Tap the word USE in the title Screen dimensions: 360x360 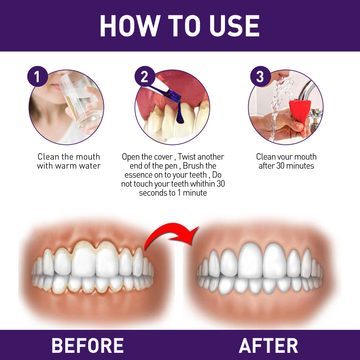point(234,26)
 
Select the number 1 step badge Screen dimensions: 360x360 point(37,76)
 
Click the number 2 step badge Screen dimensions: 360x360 point(144,76)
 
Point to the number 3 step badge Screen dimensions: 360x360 point(261,76)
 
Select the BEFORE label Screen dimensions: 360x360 point(88,345)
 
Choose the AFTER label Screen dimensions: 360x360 point(268,345)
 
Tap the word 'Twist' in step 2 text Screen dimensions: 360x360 point(186,157)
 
